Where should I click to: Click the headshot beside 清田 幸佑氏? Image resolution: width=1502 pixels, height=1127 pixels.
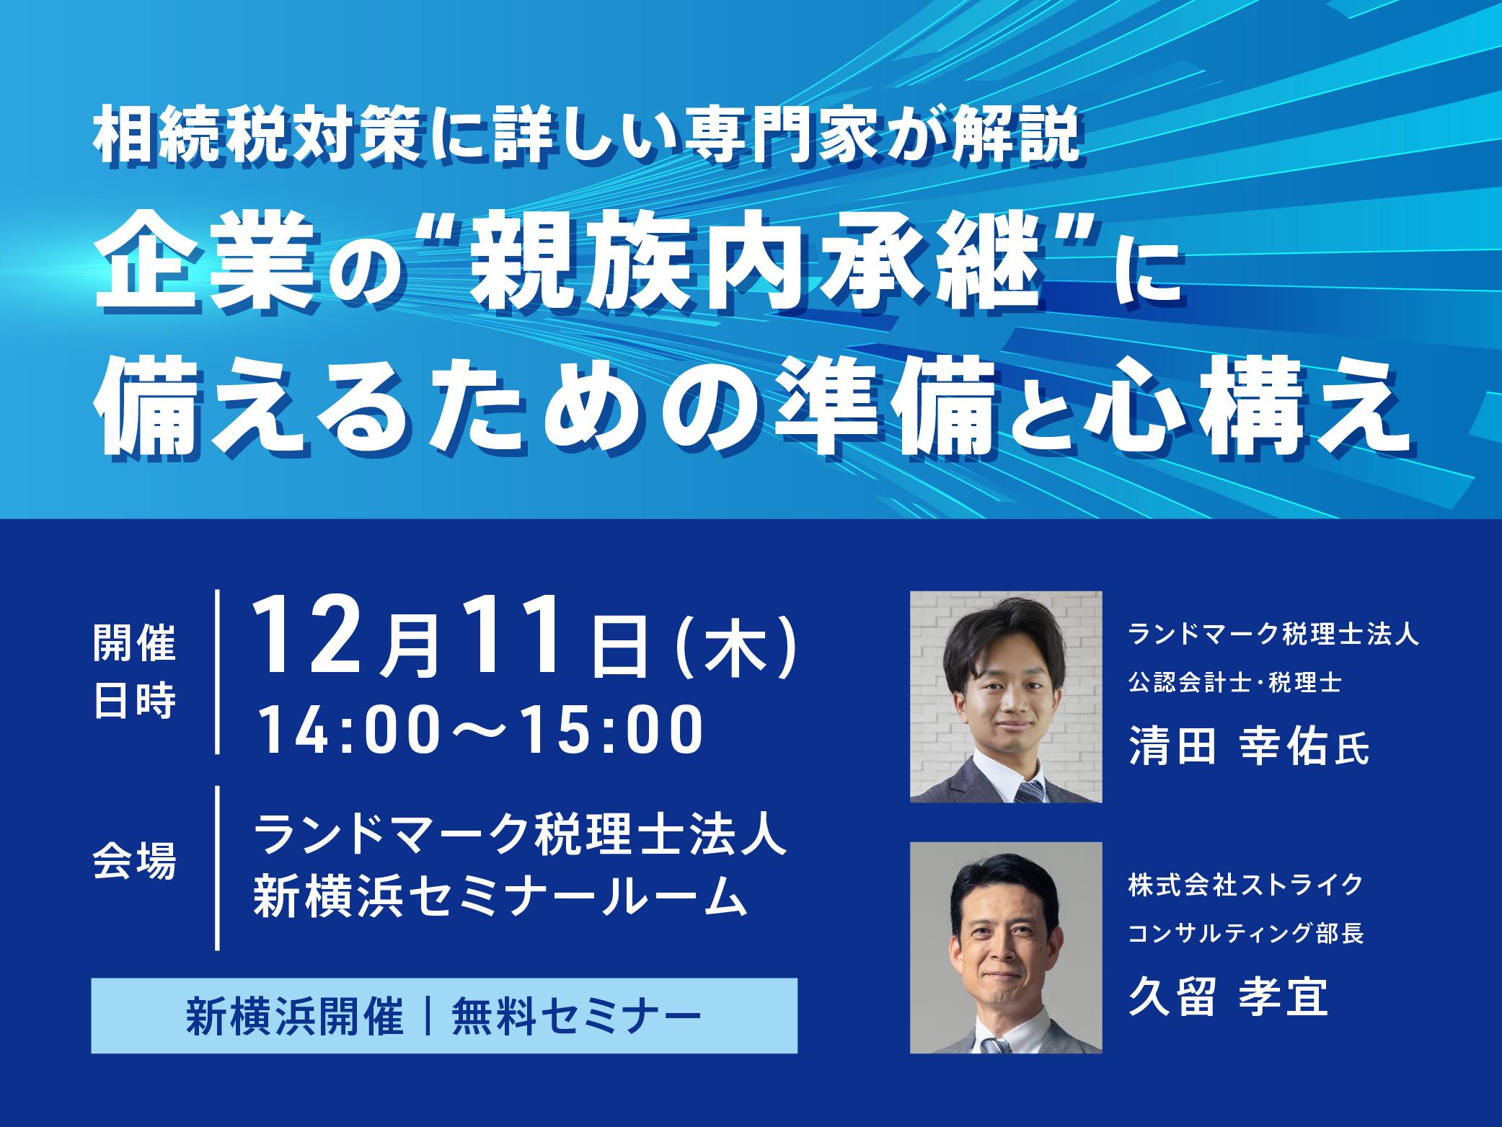(x=1006, y=697)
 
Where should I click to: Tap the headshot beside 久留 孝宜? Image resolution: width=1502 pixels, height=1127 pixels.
(x=1006, y=947)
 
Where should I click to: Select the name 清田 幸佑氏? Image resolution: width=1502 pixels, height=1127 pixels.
(x=1249, y=746)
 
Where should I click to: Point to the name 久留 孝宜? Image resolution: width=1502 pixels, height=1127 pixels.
(x=1228, y=996)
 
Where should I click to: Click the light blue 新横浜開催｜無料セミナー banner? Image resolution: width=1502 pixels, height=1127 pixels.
(x=444, y=1016)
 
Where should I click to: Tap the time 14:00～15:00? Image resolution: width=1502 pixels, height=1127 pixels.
(x=481, y=730)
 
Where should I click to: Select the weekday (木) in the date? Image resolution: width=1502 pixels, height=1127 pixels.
(x=736, y=647)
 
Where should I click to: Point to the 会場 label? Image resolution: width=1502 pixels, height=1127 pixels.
(x=135, y=860)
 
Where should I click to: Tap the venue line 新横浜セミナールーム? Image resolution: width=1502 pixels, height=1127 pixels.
(x=500, y=896)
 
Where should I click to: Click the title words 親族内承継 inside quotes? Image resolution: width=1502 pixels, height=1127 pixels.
(x=757, y=260)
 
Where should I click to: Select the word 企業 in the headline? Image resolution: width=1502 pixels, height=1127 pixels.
(x=207, y=260)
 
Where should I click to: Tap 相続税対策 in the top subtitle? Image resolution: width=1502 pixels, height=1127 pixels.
(x=257, y=135)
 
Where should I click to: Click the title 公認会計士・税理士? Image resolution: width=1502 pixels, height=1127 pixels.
(x=1234, y=682)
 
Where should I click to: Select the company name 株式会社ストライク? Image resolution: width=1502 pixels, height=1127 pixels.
(x=1245, y=885)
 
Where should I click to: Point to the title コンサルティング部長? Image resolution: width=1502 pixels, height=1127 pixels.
(x=1245, y=933)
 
